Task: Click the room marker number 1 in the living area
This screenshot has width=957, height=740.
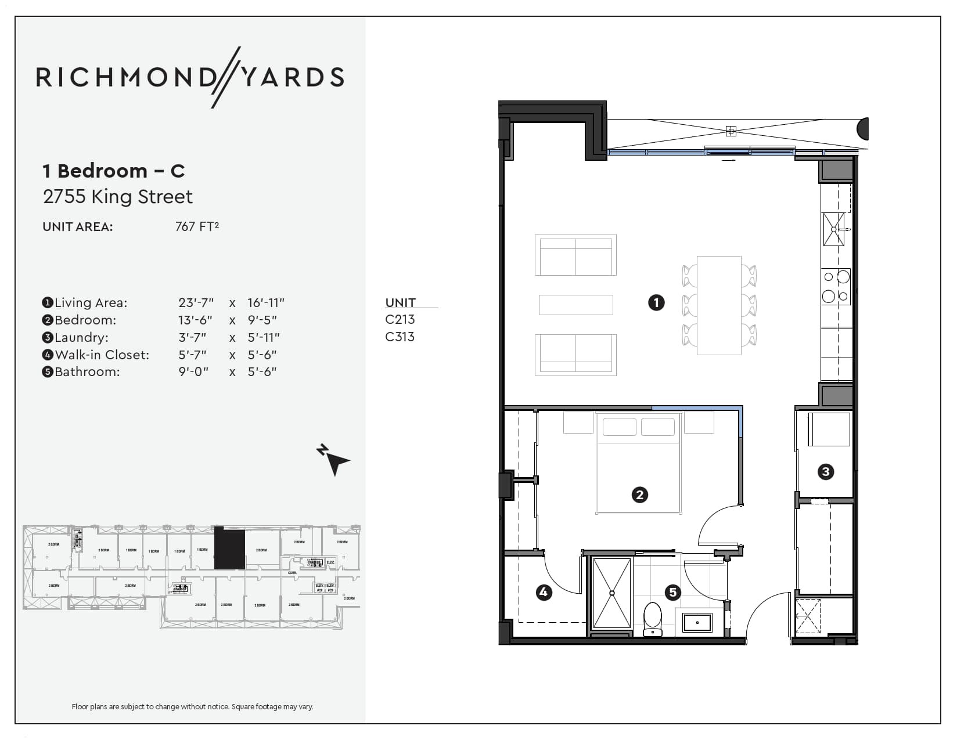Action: coord(656,302)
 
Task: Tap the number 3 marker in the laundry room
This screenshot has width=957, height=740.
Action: coord(825,471)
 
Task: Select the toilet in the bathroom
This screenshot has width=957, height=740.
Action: coord(653,619)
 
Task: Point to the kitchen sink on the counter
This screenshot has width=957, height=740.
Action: coord(833,229)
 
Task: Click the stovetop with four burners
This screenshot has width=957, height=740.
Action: coord(836,286)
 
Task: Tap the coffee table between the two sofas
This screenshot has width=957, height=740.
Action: coord(575,305)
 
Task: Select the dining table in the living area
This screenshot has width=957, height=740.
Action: coord(719,305)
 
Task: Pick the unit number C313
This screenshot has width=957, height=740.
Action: coord(400,337)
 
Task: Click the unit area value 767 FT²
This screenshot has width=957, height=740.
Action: coord(197,226)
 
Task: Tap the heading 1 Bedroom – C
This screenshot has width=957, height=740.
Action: coord(114,171)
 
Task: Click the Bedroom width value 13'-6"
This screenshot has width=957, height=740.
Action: coord(195,320)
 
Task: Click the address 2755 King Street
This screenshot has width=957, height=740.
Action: coord(118,197)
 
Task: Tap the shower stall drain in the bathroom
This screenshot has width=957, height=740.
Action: coord(611,593)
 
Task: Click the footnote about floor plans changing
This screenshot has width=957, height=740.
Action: coord(192,706)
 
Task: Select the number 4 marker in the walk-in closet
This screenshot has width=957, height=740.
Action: coord(544,592)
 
